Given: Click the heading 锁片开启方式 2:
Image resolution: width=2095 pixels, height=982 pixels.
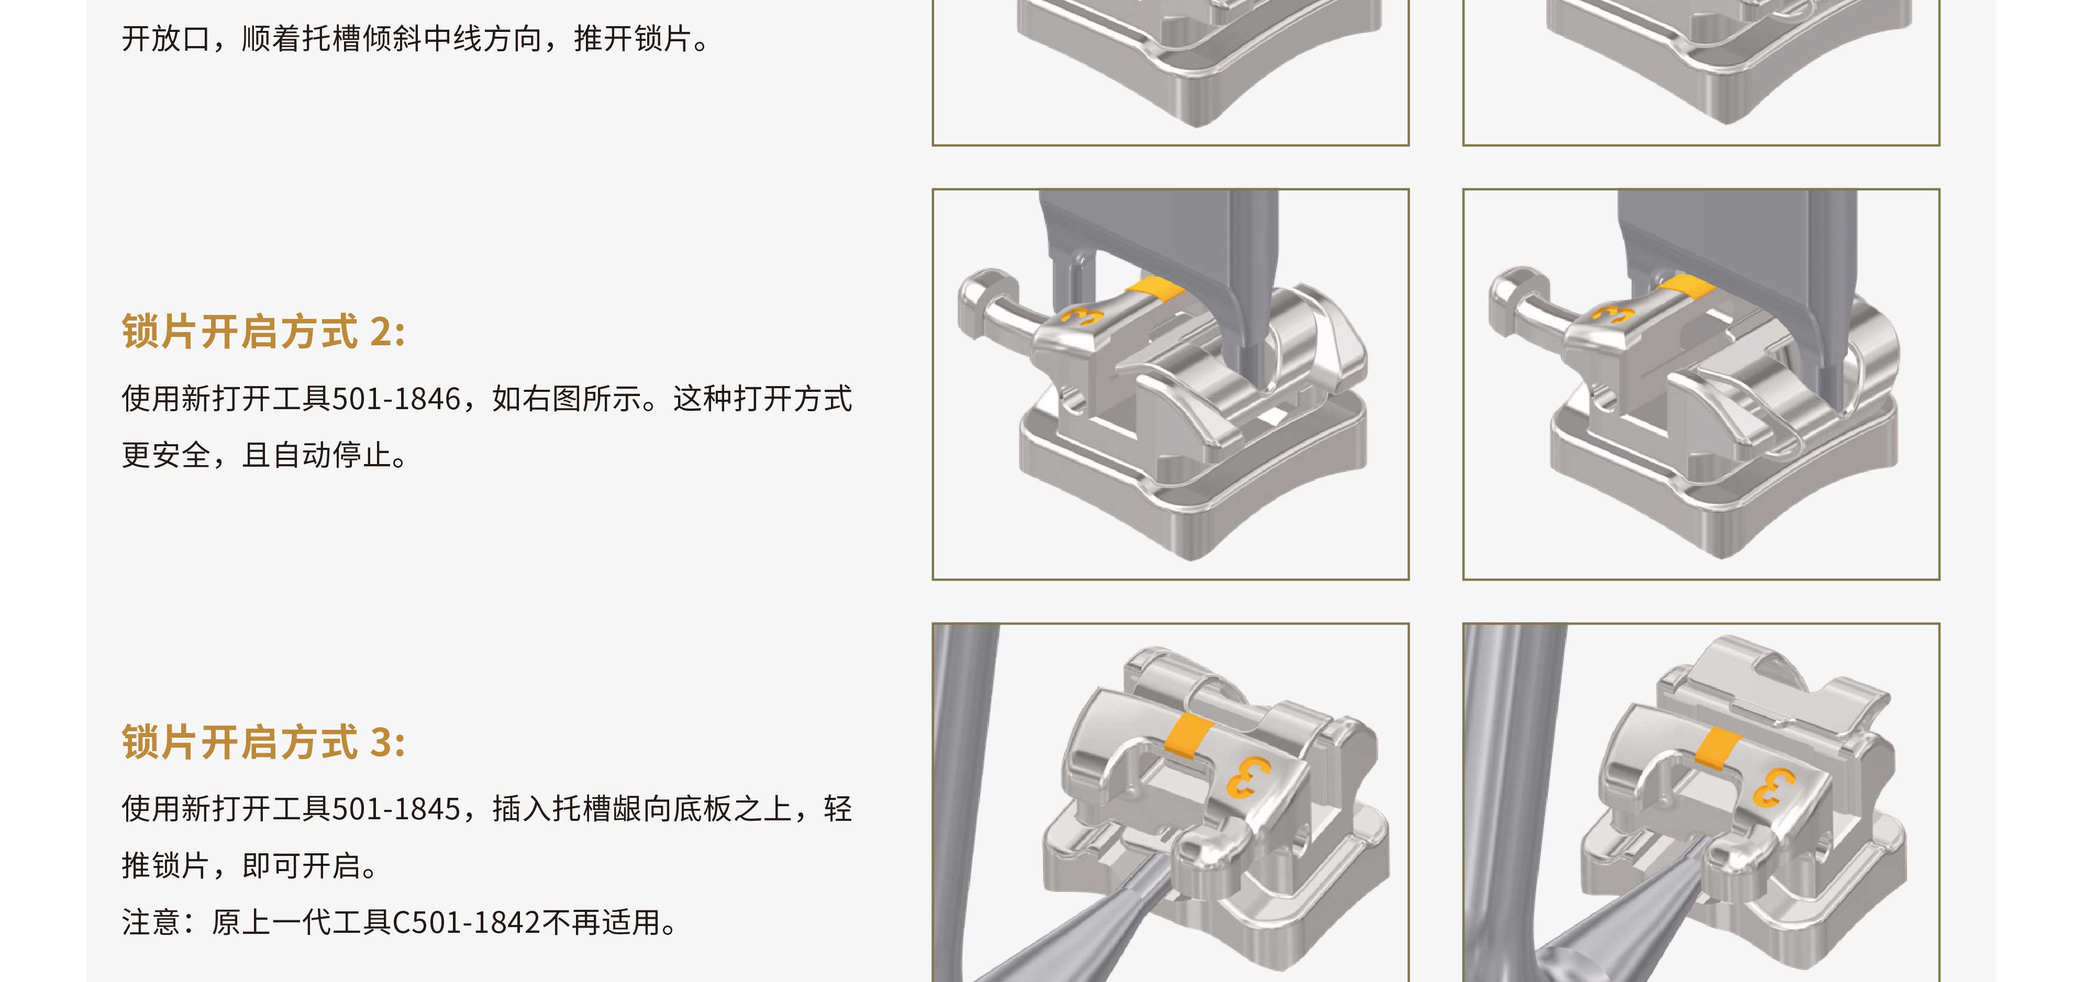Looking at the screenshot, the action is click(x=263, y=332).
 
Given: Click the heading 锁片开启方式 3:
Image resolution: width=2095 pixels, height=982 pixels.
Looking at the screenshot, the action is click(x=263, y=742).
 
